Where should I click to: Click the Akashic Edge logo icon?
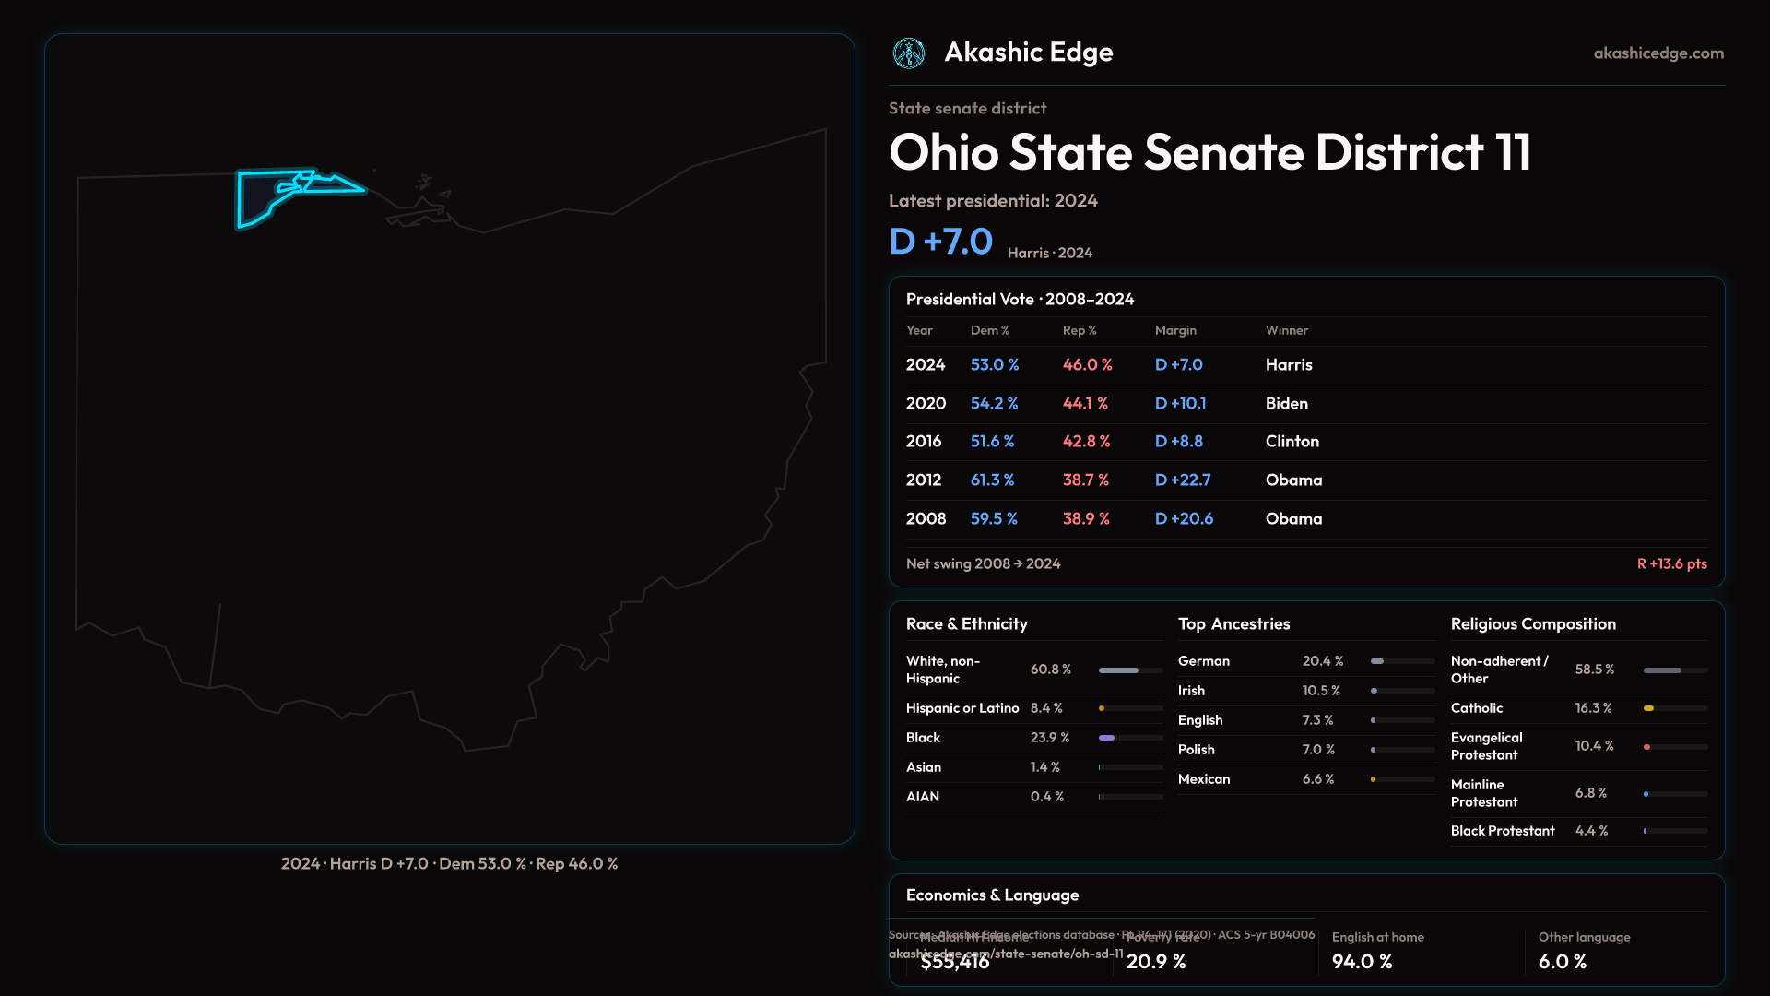click(909, 53)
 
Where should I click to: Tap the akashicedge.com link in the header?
click(1658, 53)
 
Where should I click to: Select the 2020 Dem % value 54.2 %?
click(994, 403)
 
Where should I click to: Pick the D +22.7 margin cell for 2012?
click(1183, 480)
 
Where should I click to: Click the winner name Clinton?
click(1292, 441)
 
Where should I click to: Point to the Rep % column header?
click(1080, 330)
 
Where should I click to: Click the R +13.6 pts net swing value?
click(1671, 563)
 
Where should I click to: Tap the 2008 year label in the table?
click(926, 518)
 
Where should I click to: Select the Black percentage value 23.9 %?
click(1050, 738)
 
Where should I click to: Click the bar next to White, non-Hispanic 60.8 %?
click(1130, 670)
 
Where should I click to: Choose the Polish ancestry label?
click(1196, 750)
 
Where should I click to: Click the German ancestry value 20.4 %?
click(1323, 661)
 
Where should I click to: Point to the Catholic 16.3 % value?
click(1593, 708)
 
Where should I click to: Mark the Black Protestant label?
click(1503, 831)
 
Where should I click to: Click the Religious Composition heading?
click(1533, 624)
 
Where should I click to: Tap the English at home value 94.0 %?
click(1362, 961)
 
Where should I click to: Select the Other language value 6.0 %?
click(1562, 961)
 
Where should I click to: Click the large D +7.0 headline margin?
click(940, 242)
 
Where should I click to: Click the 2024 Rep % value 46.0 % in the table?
click(1087, 364)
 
